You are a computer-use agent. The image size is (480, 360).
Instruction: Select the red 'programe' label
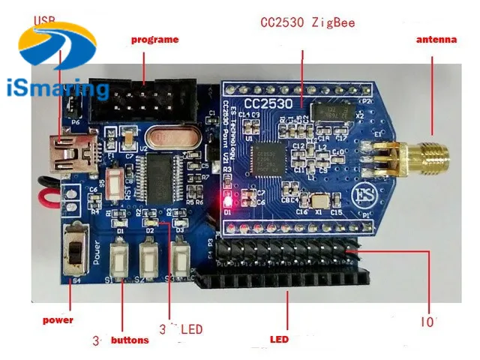coord(155,39)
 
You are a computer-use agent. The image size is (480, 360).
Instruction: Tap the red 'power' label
coord(58,320)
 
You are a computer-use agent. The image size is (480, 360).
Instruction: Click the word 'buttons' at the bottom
coord(130,340)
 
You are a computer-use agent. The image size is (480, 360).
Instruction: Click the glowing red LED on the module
coord(225,201)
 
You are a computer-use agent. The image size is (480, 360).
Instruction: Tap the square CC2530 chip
coord(265,157)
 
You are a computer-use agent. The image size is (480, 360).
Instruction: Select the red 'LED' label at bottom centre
coord(279,340)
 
